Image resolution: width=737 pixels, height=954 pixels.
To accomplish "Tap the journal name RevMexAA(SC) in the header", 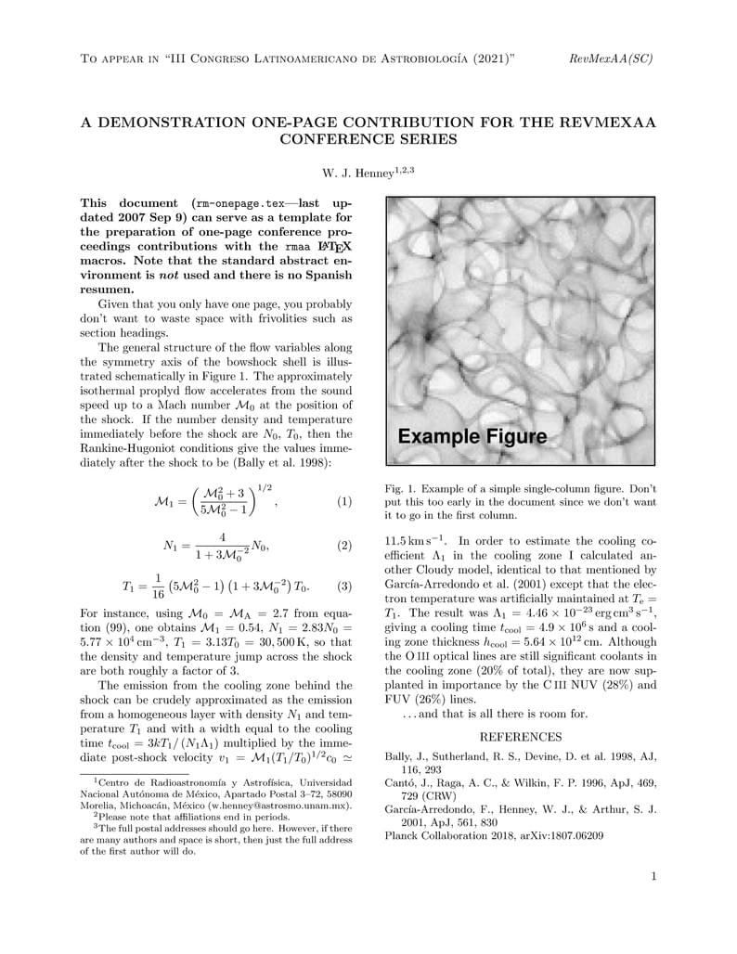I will click(611, 59).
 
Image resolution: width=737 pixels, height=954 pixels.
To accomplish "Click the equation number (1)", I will click(344, 502).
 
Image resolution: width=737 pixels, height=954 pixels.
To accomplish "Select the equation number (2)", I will click(344, 546).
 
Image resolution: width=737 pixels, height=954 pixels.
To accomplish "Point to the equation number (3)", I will click(344, 587).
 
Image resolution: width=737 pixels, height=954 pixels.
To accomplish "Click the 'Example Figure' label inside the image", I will click(472, 436).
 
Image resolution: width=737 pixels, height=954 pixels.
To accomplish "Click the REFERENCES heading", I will click(520, 738).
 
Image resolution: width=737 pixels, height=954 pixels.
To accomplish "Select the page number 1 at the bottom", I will click(653, 876).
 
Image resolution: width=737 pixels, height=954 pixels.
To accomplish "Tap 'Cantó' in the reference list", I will click(403, 783).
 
